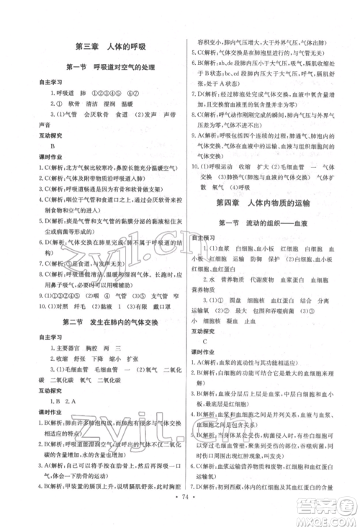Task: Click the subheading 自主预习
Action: (x=208, y=237)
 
